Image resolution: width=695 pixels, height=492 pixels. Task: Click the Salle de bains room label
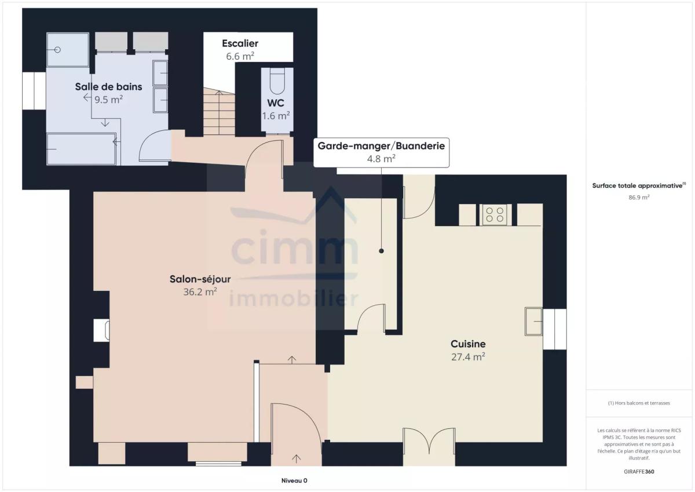[x=109, y=86]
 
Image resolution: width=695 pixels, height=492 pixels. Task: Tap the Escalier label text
[x=240, y=43]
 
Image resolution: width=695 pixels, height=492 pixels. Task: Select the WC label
[x=276, y=103]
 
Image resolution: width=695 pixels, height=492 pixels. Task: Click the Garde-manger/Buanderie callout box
[x=381, y=152]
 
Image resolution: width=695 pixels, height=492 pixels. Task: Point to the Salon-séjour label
[x=200, y=279]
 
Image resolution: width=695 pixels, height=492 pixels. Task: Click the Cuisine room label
[x=468, y=344]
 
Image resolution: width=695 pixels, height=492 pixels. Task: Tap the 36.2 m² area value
[x=200, y=292]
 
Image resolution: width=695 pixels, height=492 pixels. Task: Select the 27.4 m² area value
[x=468, y=356]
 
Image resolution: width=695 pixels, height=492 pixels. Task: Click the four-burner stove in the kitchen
[x=495, y=215]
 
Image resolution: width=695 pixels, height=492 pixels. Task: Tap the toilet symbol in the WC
[x=277, y=81]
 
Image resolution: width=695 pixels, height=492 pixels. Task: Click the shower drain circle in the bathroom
[x=57, y=50]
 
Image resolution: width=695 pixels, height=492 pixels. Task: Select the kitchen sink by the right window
[x=533, y=322]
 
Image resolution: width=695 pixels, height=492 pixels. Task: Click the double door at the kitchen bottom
[x=429, y=441]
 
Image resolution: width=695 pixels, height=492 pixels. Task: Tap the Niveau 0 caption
[x=294, y=480]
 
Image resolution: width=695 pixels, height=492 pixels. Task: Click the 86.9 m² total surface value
[x=639, y=197]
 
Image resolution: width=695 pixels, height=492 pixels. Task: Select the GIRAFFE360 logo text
[x=639, y=472]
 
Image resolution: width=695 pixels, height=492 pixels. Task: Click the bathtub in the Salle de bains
[x=81, y=149]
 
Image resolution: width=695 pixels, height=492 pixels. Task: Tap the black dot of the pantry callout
[x=381, y=251]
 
